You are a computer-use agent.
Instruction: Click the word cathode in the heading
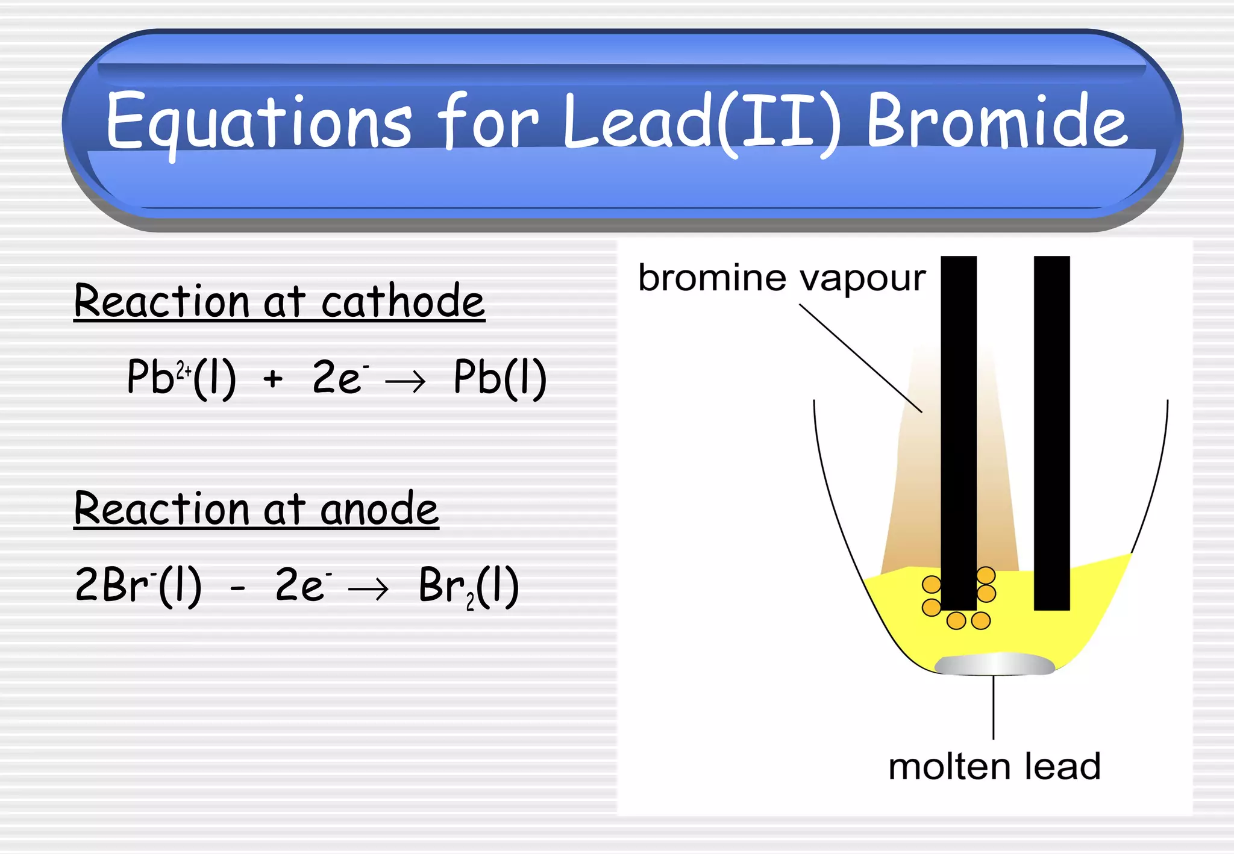tap(402, 301)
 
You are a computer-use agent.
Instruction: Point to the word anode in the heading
tap(379, 509)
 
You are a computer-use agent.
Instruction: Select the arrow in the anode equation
tap(369, 588)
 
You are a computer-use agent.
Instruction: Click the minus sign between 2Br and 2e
tap(238, 587)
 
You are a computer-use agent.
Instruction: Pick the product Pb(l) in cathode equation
tap(500, 378)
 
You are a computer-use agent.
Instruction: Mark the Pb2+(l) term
tap(181, 378)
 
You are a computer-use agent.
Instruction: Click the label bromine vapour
tap(781, 278)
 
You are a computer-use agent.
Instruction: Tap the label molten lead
tap(994, 767)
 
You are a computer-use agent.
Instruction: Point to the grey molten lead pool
tap(994, 664)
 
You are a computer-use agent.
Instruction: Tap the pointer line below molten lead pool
tap(994, 708)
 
